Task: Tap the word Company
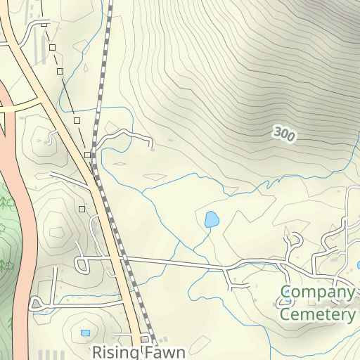point(317,292)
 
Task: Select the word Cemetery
point(318,314)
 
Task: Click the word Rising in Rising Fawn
point(115,351)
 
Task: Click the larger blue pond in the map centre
point(211,219)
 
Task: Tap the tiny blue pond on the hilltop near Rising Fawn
point(85,333)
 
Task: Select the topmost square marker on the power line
point(44,25)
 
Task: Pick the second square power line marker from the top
point(52,48)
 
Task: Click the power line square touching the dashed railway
point(87,154)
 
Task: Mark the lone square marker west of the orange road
point(82,209)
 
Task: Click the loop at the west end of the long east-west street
point(80,265)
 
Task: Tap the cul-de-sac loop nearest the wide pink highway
point(37,304)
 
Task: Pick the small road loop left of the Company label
point(285,301)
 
